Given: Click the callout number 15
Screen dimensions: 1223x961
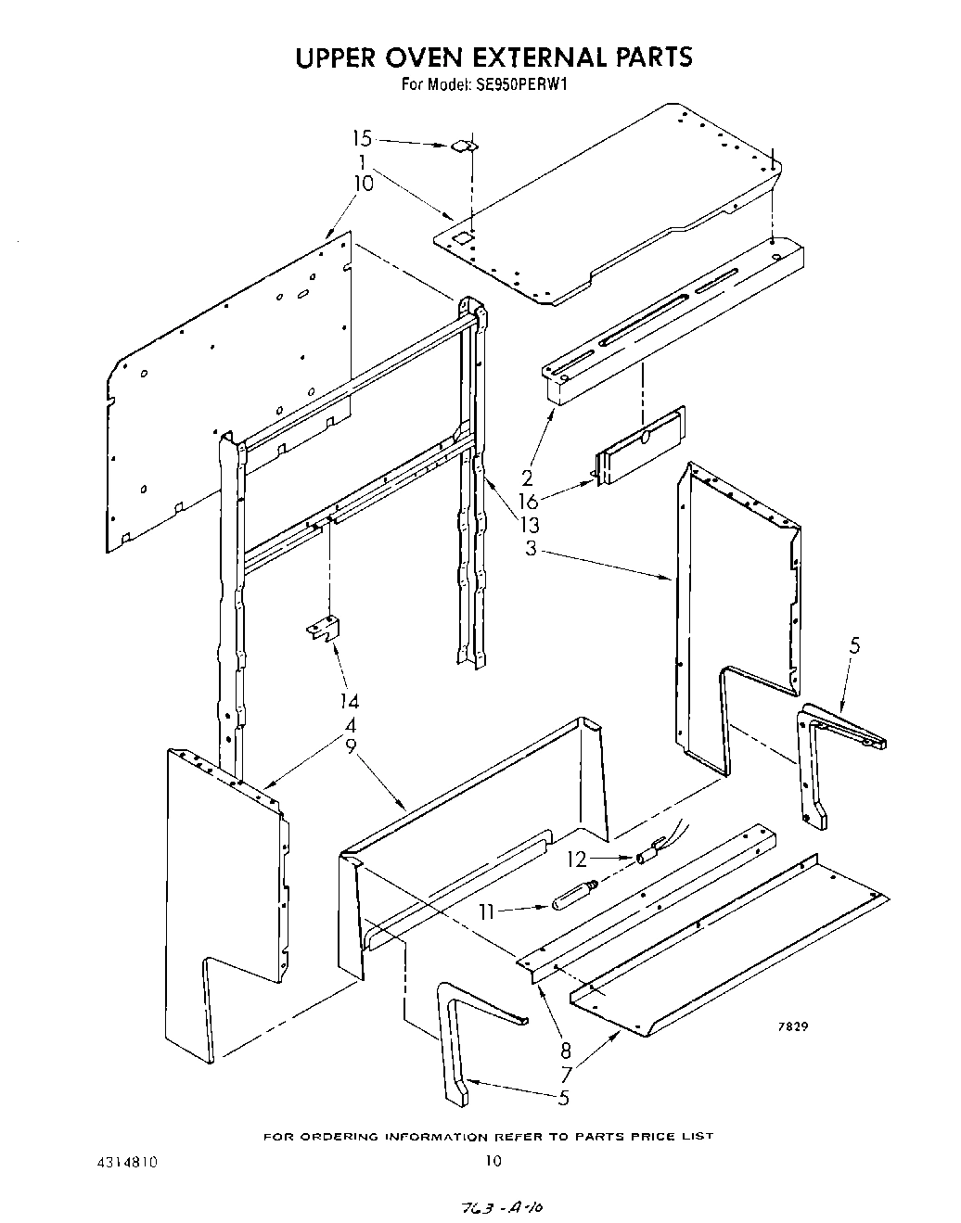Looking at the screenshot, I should click(362, 139).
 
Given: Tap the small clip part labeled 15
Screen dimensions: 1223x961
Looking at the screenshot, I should click(464, 146).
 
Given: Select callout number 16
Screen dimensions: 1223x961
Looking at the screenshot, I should click(528, 502).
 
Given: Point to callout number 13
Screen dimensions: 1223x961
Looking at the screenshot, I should click(530, 525).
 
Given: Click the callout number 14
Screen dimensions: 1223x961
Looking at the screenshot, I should click(349, 701).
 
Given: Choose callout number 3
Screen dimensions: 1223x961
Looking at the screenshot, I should click(531, 548).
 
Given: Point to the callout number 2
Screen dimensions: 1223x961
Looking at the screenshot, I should click(527, 478).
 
